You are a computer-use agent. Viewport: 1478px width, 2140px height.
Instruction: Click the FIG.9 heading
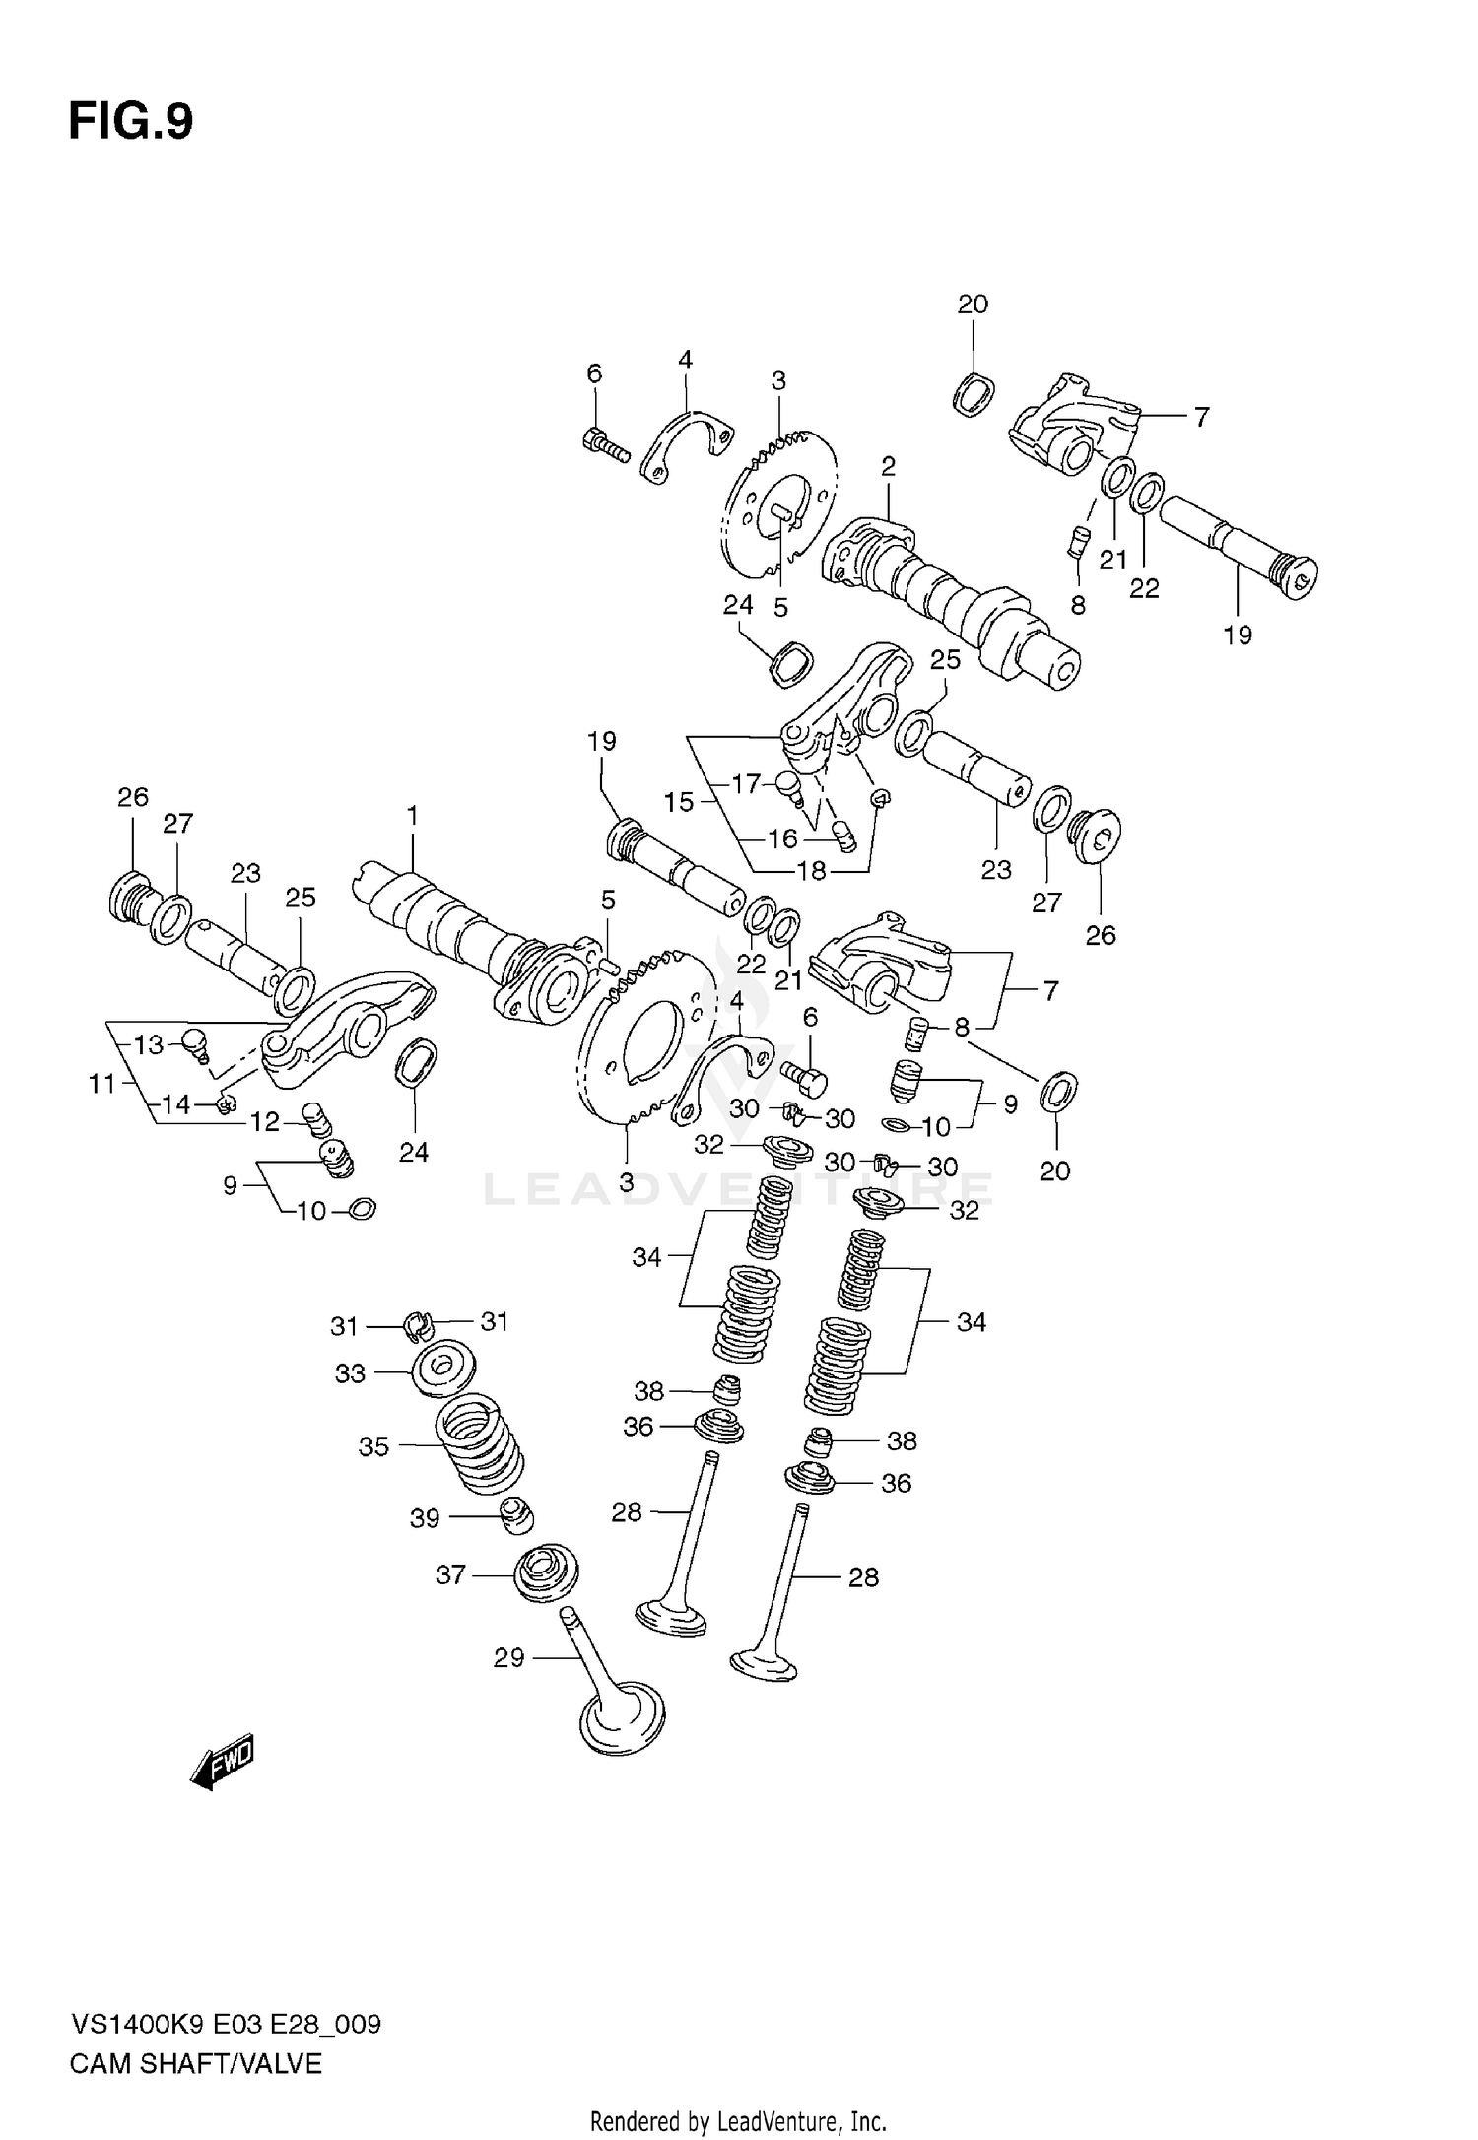click(130, 122)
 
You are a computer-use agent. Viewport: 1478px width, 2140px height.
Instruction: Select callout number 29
click(508, 1658)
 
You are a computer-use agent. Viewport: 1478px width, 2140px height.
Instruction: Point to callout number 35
click(373, 1446)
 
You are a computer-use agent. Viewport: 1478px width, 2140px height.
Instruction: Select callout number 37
click(450, 1575)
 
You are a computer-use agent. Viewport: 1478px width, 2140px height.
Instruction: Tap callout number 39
click(424, 1518)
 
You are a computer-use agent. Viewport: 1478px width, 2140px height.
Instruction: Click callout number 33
click(350, 1372)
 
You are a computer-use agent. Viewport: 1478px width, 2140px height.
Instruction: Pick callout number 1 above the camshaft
click(412, 816)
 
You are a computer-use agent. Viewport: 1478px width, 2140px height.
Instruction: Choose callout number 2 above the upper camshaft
click(888, 467)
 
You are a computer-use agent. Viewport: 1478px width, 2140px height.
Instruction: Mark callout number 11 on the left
click(102, 1084)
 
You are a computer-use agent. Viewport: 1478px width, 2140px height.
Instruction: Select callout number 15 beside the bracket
click(679, 802)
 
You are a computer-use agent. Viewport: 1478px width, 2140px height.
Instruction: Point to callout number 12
click(265, 1121)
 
